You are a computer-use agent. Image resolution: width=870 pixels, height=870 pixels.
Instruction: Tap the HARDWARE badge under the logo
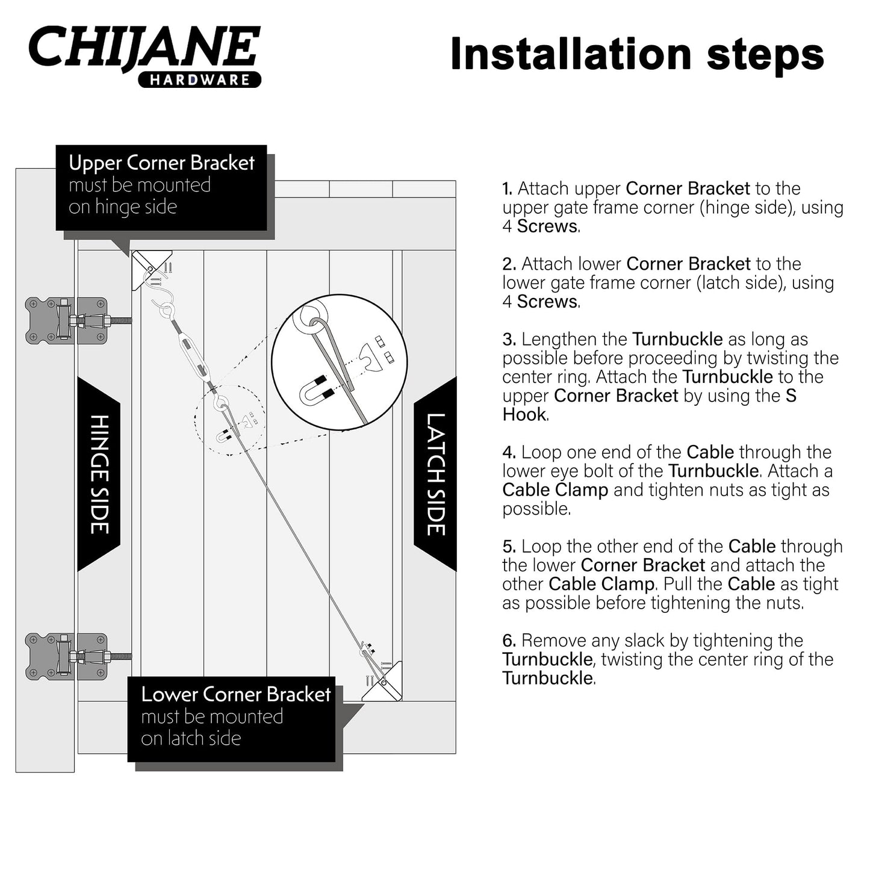tap(200, 80)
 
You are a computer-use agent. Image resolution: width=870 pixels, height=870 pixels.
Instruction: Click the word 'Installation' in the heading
tap(571, 54)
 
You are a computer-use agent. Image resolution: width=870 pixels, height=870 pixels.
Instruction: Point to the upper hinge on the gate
tap(66, 320)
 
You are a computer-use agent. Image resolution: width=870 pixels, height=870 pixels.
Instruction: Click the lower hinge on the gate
tap(66, 656)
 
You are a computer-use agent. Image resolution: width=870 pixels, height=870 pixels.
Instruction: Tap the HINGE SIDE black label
tap(99, 474)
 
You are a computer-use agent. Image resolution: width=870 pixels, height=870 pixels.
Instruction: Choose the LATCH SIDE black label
tap(435, 474)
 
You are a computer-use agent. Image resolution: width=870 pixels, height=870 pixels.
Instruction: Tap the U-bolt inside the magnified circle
tap(316, 394)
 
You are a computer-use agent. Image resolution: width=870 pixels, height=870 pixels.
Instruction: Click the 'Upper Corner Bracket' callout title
tap(161, 163)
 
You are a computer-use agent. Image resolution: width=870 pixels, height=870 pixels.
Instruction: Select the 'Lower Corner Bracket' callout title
tap(235, 695)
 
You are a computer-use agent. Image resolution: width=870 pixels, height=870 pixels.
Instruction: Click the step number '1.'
tap(508, 189)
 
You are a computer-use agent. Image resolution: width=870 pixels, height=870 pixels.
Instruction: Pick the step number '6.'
tap(509, 641)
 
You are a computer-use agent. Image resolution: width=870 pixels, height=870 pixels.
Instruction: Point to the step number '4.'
tap(509, 453)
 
